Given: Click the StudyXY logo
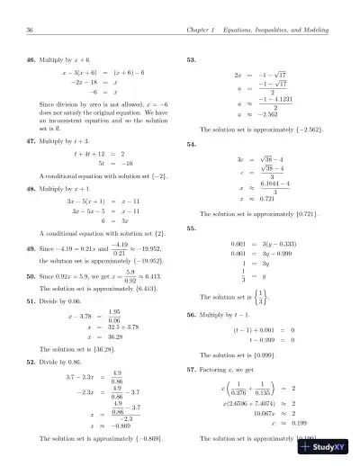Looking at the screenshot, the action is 326,453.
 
